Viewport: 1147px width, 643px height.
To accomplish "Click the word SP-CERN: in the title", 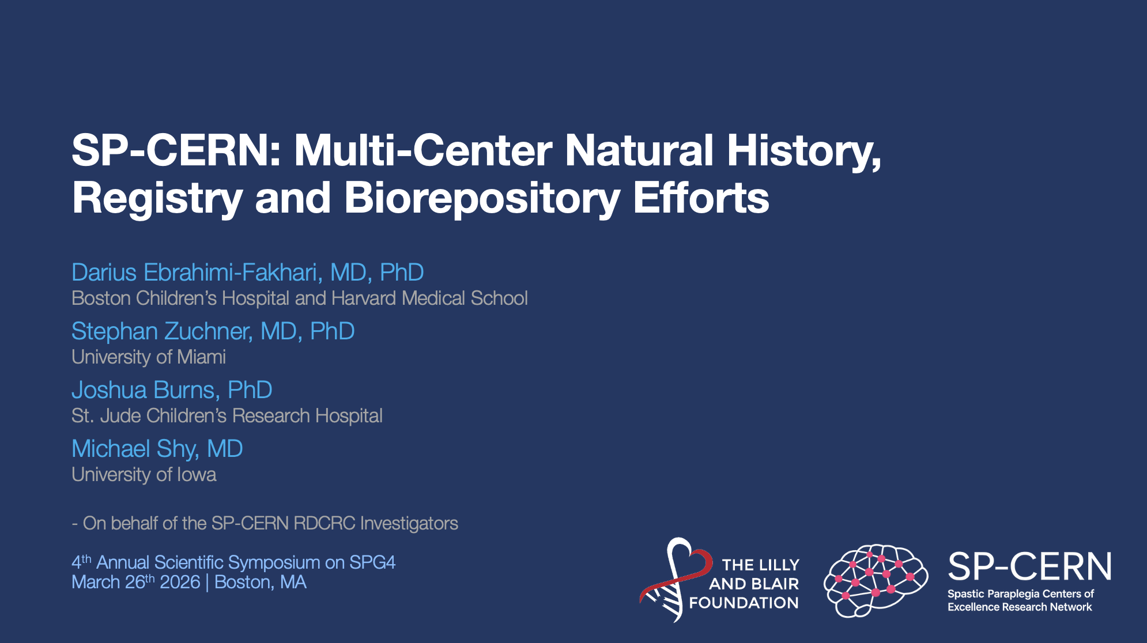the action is (x=176, y=150).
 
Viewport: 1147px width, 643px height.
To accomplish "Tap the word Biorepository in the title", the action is (x=482, y=199).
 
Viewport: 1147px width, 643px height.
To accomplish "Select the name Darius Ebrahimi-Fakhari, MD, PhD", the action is (x=248, y=273).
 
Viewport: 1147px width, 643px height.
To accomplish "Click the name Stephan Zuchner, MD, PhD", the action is (x=213, y=331).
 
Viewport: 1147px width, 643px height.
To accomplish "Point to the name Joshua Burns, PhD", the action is (x=172, y=390).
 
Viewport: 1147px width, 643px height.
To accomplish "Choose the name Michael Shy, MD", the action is (x=157, y=449).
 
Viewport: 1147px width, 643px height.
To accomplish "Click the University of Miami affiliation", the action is (x=149, y=357).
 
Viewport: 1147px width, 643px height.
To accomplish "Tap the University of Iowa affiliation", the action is (x=144, y=475).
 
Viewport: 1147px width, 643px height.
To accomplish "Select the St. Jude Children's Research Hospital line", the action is (x=227, y=416).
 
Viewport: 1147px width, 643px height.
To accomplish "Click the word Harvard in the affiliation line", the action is (x=364, y=298).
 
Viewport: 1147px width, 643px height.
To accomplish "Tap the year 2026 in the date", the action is (x=180, y=583).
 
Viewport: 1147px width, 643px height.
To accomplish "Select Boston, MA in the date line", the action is (x=261, y=583).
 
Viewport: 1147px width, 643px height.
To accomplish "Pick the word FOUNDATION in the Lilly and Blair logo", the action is (x=744, y=603).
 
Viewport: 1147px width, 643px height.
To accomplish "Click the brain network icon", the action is (x=876, y=581).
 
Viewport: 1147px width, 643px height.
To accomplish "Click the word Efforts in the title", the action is (x=701, y=198).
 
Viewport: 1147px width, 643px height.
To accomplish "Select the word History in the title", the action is (x=804, y=152).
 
